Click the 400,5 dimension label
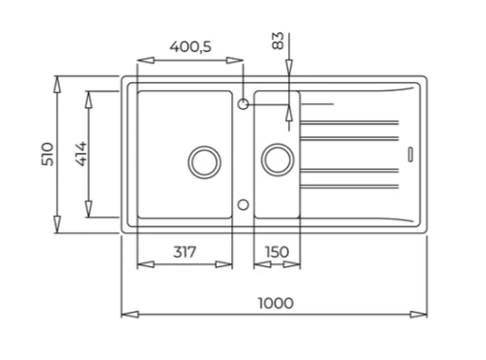click(x=190, y=47)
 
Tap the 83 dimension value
click(x=278, y=41)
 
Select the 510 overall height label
click(x=48, y=154)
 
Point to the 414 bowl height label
click(x=81, y=153)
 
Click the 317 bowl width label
click(x=185, y=252)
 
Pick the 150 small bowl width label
click(x=277, y=252)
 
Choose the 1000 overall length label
click(x=276, y=303)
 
